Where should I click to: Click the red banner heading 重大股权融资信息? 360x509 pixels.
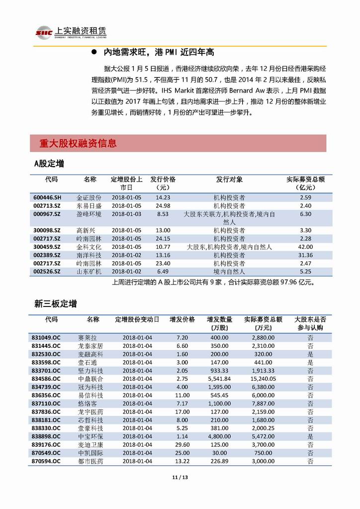click(x=78, y=144)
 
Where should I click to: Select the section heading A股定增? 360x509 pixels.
click(x=49, y=164)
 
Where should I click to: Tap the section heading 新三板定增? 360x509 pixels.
click(x=56, y=303)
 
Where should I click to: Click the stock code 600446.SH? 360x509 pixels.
click(x=48, y=198)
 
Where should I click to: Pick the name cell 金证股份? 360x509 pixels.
click(x=89, y=198)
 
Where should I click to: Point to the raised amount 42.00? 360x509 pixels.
click(x=306, y=247)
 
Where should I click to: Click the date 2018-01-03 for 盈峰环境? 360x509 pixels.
click(x=126, y=214)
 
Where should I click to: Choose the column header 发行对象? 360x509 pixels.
click(x=229, y=180)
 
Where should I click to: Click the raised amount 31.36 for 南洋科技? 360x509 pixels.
click(x=306, y=255)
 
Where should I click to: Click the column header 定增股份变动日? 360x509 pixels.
click(x=137, y=319)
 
